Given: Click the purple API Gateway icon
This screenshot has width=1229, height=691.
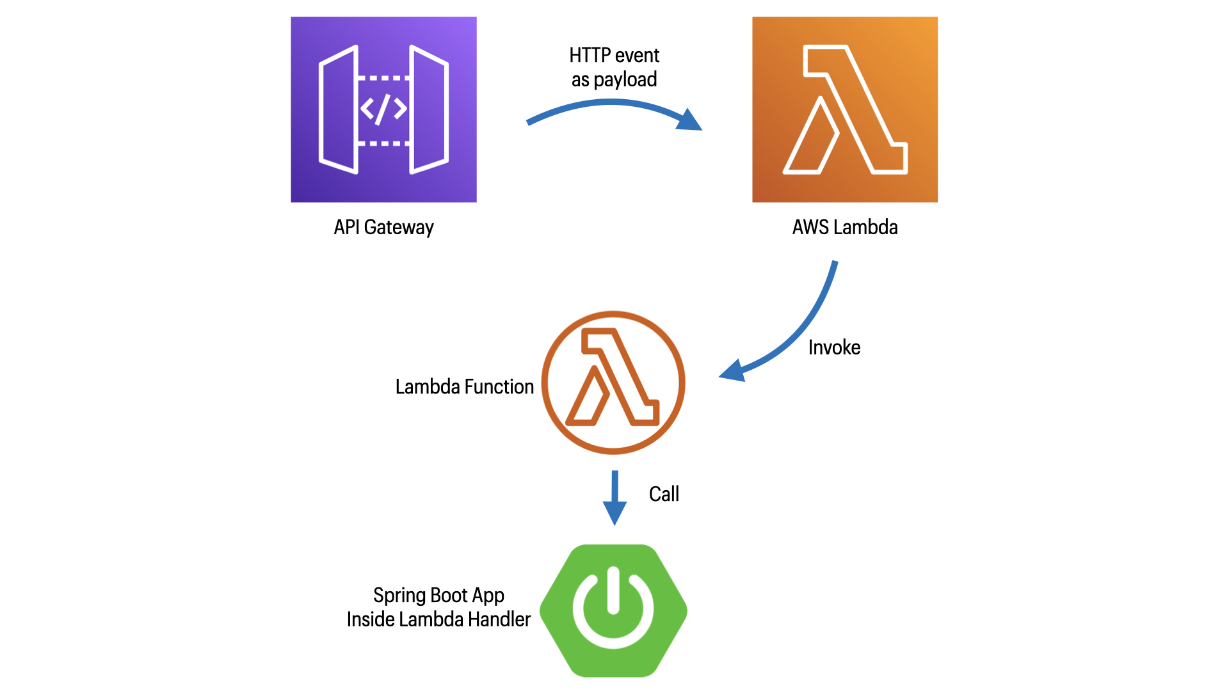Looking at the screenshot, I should (x=383, y=109).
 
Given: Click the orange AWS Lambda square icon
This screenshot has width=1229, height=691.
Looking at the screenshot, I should (x=844, y=109).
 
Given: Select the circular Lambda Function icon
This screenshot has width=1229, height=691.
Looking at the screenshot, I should (x=613, y=383).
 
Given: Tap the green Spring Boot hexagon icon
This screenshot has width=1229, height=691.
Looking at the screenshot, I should (x=613, y=610).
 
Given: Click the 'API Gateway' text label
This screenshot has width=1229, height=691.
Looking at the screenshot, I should (x=383, y=227).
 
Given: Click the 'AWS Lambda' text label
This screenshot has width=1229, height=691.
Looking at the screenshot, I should (x=844, y=227).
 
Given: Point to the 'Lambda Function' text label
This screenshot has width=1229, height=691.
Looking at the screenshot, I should (x=464, y=386).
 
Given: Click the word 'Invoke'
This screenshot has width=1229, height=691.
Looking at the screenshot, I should (x=833, y=347).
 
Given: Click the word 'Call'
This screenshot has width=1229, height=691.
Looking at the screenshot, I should (x=664, y=494).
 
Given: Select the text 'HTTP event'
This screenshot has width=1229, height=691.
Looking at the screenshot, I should (x=614, y=56).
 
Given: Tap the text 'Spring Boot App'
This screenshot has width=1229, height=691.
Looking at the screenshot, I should (x=438, y=595).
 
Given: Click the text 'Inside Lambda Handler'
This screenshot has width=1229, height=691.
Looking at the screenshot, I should (x=438, y=619).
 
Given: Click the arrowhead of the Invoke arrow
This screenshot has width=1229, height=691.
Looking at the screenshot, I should (x=732, y=371).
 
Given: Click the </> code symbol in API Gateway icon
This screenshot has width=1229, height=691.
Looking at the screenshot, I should (x=383, y=109).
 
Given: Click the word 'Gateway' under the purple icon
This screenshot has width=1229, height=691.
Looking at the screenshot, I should (x=398, y=227).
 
